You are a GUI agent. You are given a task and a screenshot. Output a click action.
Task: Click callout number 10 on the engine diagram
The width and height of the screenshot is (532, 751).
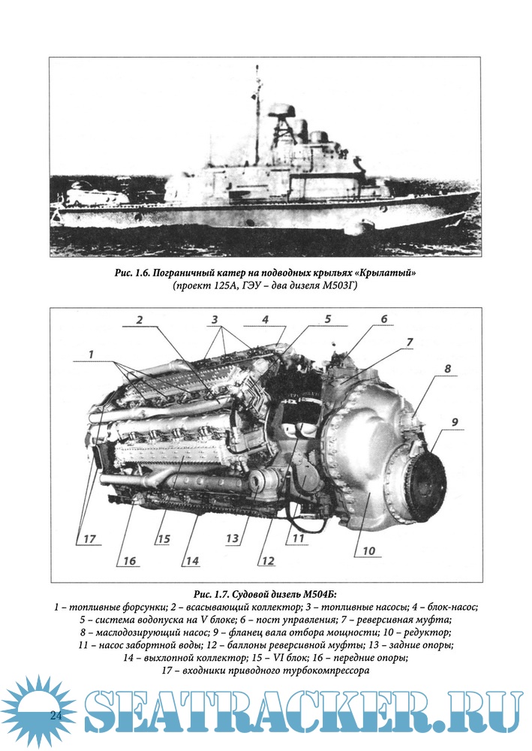[369, 550]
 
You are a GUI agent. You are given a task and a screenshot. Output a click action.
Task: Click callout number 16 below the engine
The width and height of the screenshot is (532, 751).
[130, 561]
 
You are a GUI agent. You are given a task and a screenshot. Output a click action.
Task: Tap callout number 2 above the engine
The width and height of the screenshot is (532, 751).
[140, 320]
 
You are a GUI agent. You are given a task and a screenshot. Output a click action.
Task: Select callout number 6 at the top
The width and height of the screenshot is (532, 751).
[383, 319]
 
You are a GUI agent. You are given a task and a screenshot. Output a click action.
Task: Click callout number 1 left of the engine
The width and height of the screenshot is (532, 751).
[91, 353]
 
